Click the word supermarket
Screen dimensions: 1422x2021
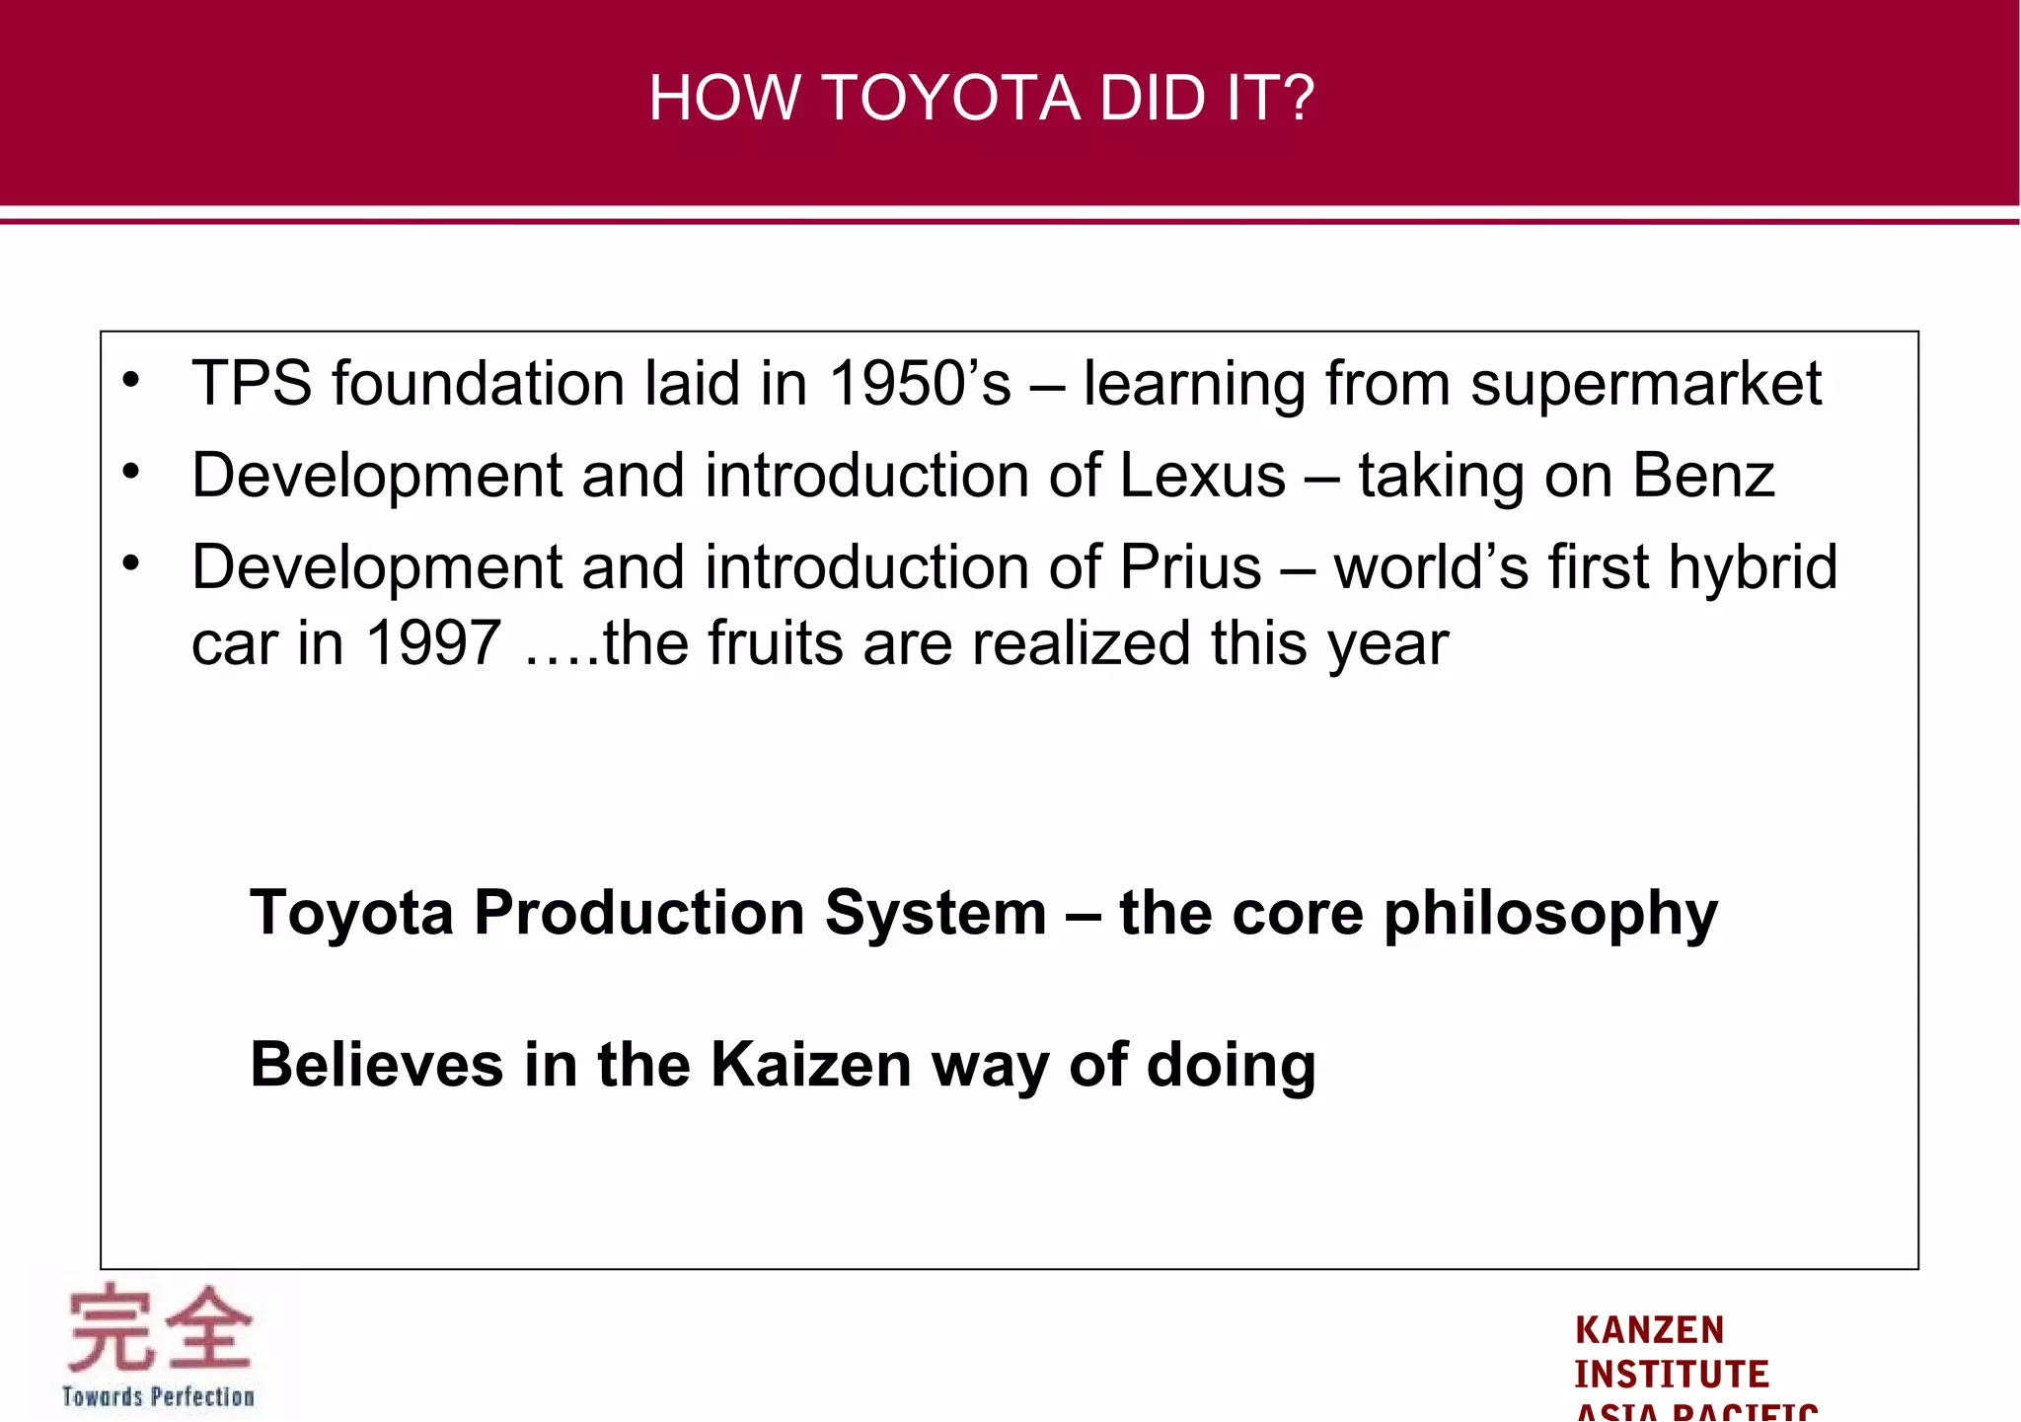pos(1646,384)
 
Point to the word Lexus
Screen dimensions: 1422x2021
pos(1203,476)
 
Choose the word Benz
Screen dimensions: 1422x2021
pos(1703,476)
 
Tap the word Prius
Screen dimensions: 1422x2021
pos(1191,567)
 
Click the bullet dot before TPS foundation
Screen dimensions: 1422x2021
pos(131,380)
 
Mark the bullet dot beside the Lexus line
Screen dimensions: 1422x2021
pos(131,472)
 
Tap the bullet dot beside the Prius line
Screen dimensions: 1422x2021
pos(131,563)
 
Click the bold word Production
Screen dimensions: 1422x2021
pos(638,913)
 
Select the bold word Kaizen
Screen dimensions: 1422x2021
pos(811,1065)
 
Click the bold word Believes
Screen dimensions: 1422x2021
pos(376,1065)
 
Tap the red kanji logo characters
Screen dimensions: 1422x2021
pos(159,1328)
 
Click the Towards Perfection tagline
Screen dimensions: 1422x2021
pos(158,1396)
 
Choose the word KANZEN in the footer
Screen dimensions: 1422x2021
pos(1649,1329)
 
